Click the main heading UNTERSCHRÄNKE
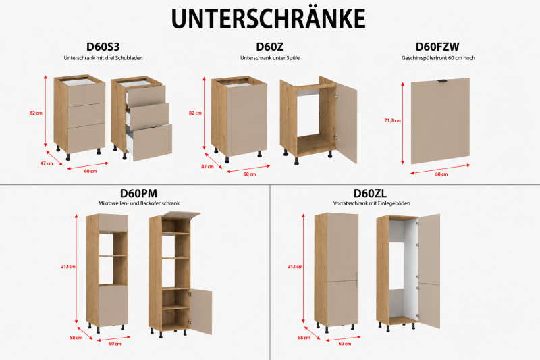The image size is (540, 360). [x=268, y=18]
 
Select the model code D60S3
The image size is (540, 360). [x=103, y=47]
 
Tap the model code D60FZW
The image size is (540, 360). [x=437, y=47]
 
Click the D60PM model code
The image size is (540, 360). [x=138, y=193]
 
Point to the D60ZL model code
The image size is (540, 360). [x=370, y=193]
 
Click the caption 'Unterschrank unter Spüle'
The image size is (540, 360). [x=270, y=58]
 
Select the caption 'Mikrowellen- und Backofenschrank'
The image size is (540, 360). [x=139, y=203]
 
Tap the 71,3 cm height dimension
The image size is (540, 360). [x=393, y=121]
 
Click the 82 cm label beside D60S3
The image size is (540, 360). [x=36, y=113]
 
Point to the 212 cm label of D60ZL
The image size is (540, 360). [x=295, y=267]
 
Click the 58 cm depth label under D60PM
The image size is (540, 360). [x=76, y=338]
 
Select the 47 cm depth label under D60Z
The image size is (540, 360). [x=208, y=167]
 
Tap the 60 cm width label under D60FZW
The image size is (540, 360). [x=441, y=174]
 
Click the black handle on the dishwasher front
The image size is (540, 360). [x=442, y=81]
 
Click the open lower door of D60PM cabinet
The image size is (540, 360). [x=200, y=311]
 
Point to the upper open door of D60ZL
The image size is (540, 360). [x=429, y=249]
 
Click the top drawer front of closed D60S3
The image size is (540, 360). [x=86, y=95]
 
